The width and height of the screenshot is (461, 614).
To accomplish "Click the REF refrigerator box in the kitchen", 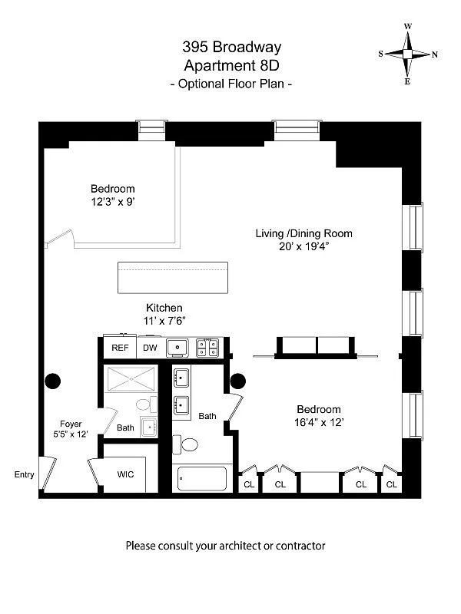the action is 120,347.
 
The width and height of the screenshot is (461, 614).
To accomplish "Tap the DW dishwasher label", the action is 150,348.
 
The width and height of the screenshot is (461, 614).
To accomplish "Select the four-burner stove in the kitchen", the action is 207,348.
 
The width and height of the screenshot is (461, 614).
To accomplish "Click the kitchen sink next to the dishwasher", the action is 177,348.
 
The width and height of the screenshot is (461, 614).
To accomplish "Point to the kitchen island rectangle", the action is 173,278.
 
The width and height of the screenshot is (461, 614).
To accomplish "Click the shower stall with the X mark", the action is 131,378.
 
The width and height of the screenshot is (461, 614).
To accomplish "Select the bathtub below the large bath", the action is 202,478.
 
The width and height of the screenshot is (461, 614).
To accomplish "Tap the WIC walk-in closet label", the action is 125,474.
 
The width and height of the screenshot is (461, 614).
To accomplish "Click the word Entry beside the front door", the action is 25,474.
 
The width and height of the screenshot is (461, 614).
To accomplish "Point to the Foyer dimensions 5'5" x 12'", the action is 71,434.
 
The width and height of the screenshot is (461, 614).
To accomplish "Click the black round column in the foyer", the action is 52,381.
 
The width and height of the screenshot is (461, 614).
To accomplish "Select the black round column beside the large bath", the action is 238,381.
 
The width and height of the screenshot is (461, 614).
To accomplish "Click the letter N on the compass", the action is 435,54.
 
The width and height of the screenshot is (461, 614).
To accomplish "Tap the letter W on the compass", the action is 408,27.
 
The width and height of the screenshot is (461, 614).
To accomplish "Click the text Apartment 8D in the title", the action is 232,65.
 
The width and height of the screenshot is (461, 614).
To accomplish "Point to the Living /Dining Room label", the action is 303,234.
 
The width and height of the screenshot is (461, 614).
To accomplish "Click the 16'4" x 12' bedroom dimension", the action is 319,423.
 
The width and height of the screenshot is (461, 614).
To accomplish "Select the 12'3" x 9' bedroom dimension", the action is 113,202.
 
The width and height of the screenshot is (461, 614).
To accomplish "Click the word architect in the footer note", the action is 239,546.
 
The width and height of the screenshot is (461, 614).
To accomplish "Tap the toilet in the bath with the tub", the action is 185,444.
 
